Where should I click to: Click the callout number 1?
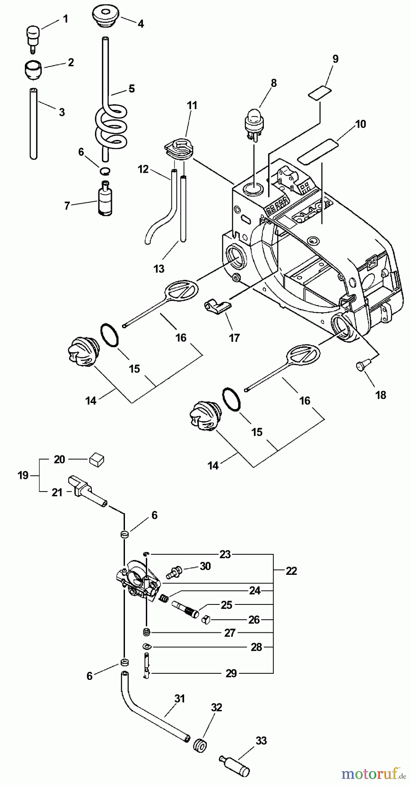(65, 19)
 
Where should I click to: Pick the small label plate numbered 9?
(319, 92)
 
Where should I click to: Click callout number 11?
(192, 105)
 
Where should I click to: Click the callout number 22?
(291, 570)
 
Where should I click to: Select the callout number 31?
(180, 698)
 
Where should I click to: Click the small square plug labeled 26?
(208, 620)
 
